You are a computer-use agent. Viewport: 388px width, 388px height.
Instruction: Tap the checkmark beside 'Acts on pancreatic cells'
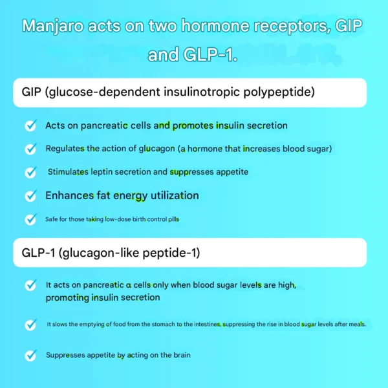point(30,125)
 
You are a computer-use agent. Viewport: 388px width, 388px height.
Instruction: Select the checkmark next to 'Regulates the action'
point(30,149)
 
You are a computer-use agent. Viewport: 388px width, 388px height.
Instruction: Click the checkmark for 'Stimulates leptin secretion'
point(30,172)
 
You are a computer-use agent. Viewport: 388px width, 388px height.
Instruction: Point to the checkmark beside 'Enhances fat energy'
point(30,195)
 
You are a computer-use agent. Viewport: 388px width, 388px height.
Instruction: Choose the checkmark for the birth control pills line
point(30,219)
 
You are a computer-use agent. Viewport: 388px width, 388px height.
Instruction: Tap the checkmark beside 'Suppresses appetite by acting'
point(30,355)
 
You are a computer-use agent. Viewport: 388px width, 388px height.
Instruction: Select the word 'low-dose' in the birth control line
point(114,219)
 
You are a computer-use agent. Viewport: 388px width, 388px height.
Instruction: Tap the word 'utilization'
point(175,195)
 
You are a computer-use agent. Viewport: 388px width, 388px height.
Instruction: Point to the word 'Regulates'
point(64,149)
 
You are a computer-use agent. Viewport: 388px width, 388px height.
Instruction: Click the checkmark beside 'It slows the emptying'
point(30,324)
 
